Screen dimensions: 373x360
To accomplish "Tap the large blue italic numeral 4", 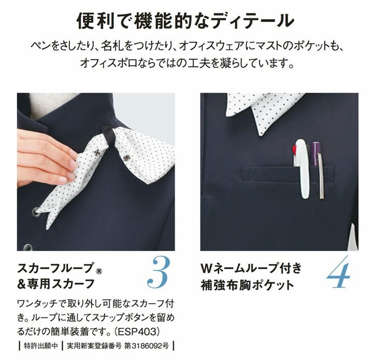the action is coord(338,272).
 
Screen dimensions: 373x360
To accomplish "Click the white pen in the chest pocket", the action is coord(302,169).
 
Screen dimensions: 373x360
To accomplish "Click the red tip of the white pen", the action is coord(294,150).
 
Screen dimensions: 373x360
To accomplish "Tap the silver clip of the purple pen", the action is coord(321,176).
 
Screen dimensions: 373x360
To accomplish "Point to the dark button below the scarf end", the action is coord(28,247).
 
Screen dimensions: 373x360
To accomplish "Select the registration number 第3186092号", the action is coord(147,346).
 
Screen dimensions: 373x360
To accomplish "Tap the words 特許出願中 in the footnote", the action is coord(41,346).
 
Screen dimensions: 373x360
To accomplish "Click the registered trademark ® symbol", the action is coord(99,271).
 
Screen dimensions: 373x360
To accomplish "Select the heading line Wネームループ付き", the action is coord(251,268).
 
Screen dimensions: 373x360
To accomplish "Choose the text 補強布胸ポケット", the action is coord(248,285).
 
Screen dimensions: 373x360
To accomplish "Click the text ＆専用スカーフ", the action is coord(56,284).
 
